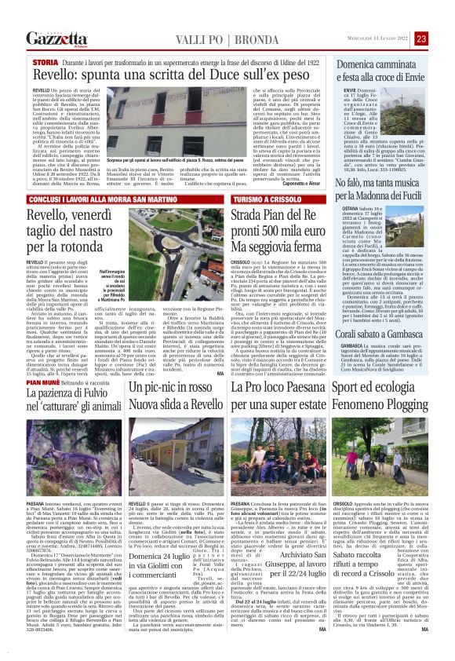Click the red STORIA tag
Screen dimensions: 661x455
45,61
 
